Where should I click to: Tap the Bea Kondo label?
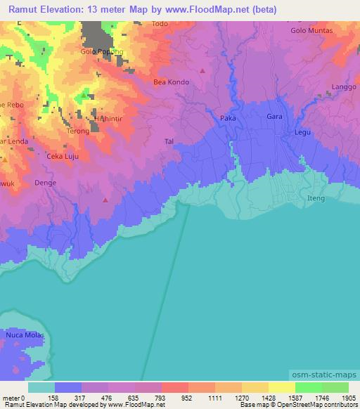coord(171,82)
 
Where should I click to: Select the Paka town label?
coord(228,118)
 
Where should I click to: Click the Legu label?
coord(302,131)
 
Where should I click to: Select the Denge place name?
coord(45,182)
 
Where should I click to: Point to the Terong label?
coord(77,131)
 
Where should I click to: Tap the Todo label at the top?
coord(160,24)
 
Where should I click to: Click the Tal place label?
coord(169,141)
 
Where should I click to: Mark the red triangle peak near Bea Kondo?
coord(202,70)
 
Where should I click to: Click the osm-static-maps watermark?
coord(324,375)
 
